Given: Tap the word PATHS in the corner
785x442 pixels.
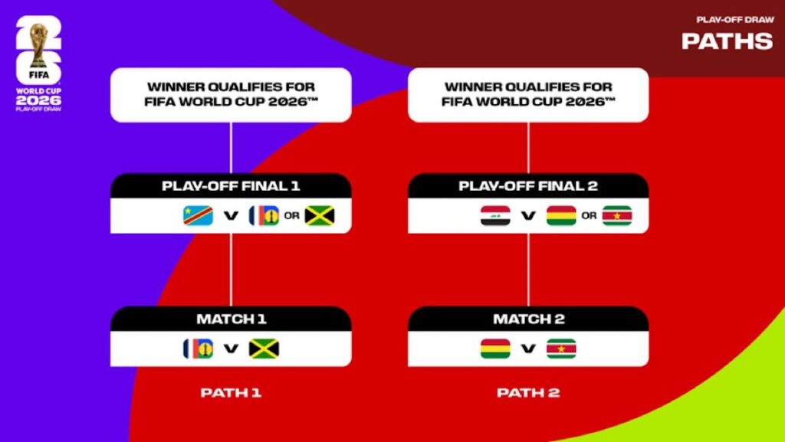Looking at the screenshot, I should click(727, 41).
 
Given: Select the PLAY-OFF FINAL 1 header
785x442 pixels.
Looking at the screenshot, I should click(231, 186).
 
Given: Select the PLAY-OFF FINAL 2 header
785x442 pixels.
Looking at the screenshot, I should click(528, 186).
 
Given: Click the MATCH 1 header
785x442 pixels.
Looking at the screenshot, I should click(231, 319).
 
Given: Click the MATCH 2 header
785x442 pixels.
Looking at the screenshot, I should click(528, 319).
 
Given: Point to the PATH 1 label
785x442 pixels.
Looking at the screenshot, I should click(231, 393).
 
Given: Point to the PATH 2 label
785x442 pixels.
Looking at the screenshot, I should click(528, 393).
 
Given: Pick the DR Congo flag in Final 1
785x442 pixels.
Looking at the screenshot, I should click(198, 216).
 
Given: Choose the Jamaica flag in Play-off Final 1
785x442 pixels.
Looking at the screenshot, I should click(320, 216).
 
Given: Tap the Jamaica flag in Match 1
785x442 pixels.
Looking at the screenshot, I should click(264, 349).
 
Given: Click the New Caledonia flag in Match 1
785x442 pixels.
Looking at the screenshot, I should click(198, 349).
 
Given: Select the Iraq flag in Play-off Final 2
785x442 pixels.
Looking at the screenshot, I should click(494, 216).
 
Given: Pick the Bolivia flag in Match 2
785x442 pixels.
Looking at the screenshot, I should click(495, 349).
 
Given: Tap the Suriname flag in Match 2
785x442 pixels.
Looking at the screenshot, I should click(561, 349).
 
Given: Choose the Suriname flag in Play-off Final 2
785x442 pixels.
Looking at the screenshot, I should click(617, 216).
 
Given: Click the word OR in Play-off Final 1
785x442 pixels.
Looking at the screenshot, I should click(291, 216).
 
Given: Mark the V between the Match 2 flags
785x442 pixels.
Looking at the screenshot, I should click(528, 349).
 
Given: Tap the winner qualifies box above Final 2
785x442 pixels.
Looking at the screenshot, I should click(528, 94).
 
